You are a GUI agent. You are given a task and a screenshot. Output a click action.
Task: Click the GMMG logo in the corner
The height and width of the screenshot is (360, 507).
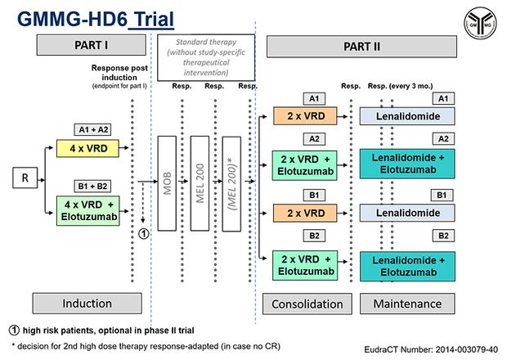(x=480, y=23)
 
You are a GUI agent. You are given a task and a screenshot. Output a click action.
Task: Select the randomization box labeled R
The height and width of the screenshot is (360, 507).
(x=25, y=178)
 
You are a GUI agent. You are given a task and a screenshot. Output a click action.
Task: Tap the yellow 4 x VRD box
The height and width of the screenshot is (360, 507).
(x=87, y=148)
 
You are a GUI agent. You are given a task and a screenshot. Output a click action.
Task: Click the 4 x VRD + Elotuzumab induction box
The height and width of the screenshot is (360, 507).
(x=88, y=210)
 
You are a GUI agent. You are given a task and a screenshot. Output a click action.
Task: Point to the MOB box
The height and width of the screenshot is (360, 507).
(x=167, y=183)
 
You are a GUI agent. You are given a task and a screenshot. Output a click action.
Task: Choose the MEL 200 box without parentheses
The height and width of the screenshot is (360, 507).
(x=200, y=183)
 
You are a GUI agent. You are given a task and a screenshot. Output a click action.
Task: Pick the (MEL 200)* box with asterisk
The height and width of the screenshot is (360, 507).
(x=231, y=184)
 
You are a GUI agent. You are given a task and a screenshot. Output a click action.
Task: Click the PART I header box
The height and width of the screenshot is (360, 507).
(x=92, y=45)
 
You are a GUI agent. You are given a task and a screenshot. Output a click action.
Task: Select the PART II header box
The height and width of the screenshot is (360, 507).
(x=361, y=47)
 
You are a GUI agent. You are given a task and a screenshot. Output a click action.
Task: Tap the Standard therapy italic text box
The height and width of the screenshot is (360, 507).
(x=206, y=57)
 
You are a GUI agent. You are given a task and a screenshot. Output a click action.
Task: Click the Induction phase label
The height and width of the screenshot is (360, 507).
(x=87, y=304)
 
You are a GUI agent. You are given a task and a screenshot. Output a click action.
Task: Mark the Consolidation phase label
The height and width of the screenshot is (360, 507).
(x=307, y=304)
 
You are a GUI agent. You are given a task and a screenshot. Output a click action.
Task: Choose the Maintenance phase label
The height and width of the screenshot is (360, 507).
(x=407, y=304)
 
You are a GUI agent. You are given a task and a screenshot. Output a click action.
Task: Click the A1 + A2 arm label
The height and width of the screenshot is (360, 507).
(x=93, y=130)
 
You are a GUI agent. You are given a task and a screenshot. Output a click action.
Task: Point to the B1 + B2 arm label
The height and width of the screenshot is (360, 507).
(x=92, y=187)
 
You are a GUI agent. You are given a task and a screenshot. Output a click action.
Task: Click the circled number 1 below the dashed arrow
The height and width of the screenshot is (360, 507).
(x=144, y=233)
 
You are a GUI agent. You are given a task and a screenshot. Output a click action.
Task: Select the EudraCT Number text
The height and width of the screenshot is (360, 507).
(x=431, y=349)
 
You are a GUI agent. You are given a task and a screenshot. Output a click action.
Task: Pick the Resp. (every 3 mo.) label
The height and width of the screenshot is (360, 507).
(x=401, y=86)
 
